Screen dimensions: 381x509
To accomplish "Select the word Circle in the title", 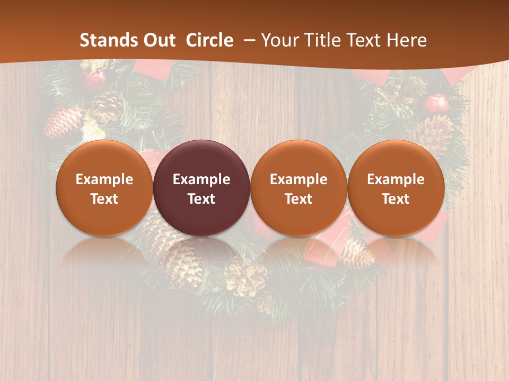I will point(209,40).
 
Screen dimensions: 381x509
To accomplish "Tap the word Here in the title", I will point(407,40).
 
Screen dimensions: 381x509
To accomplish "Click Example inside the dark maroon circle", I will point(201,179).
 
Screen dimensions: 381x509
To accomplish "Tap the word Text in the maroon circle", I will point(201,199).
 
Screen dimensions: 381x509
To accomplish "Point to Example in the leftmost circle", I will point(104,179).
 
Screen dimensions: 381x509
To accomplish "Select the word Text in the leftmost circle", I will point(104,199).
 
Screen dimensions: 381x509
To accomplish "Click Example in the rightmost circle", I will point(396,179).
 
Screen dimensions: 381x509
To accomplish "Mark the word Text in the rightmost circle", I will point(396,199).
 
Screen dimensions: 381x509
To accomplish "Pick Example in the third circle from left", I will point(299,179).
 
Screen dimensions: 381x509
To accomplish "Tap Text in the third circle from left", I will point(299,199).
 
